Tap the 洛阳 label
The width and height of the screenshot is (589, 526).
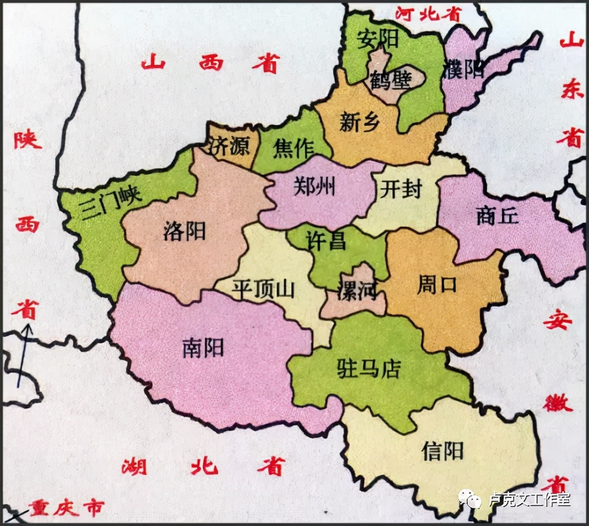click(x=184, y=231)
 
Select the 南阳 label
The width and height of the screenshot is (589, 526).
click(x=203, y=348)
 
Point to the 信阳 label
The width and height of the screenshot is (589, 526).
click(x=443, y=451)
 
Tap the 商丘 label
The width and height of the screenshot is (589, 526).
click(x=497, y=216)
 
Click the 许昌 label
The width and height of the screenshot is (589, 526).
click(x=326, y=241)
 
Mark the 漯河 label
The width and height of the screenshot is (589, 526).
click(x=358, y=289)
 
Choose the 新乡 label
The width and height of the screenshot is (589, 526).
click(x=360, y=123)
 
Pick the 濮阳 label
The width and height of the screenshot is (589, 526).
click(x=464, y=69)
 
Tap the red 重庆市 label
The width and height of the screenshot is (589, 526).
click(x=66, y=509)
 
